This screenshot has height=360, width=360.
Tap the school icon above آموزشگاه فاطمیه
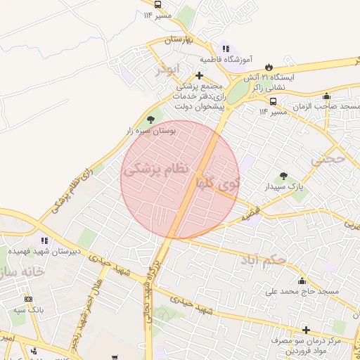click(225, 49)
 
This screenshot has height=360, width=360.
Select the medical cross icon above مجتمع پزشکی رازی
click(199, 76)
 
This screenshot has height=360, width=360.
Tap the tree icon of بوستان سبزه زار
click(151, 121)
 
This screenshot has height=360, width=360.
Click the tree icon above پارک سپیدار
click(283, 176)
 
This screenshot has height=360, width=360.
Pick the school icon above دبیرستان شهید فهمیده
click(44, 240)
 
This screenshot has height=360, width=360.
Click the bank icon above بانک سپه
click(28, 299)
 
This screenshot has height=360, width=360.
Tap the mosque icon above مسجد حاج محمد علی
click(302, 281)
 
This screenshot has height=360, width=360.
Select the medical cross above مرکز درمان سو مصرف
click(306, 330)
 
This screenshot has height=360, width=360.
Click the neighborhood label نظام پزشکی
click(157, 169)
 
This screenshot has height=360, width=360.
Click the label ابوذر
click(169, 68)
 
